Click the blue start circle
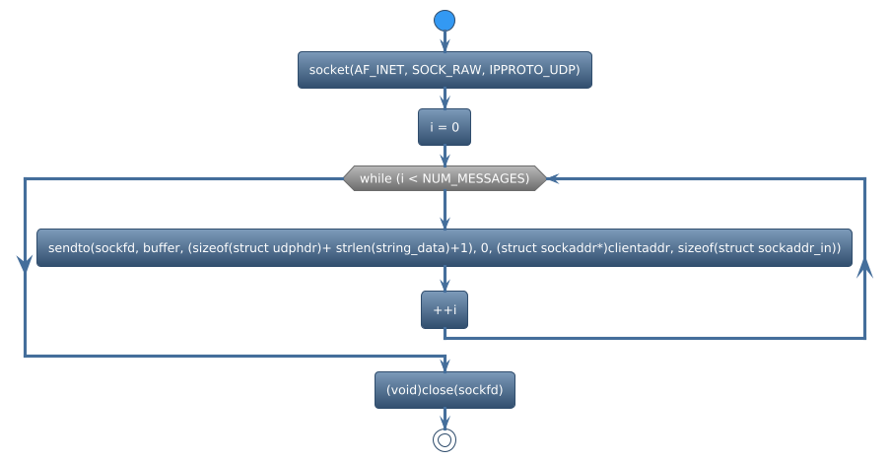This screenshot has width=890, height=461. point(445,21)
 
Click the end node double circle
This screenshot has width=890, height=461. point(445,439)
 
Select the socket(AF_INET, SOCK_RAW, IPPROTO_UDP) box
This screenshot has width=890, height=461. point(445,70)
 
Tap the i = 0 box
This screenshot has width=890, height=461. point(445,127)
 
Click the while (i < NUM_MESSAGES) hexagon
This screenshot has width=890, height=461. point(445,178)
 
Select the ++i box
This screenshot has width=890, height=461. point(445,310)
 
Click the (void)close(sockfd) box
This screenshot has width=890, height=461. point(445,390)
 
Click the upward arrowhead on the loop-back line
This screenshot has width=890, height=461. point(865,268)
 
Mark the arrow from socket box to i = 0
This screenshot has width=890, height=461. point(445,99)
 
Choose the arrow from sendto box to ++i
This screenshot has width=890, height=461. point(445,279)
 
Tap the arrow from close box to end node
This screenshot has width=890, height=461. point(445,418)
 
